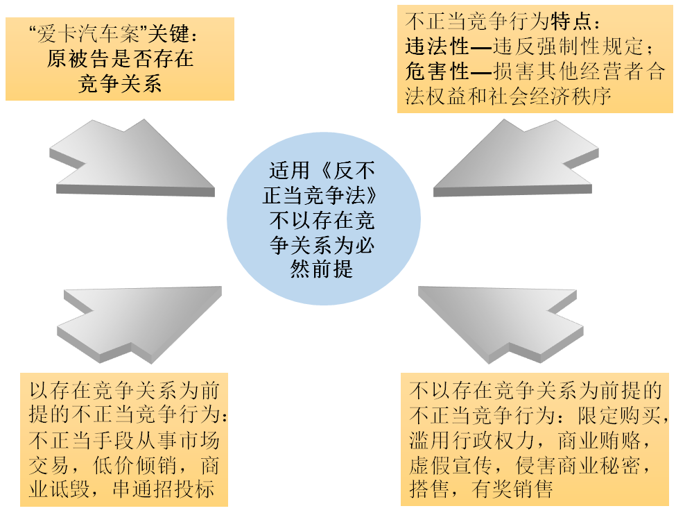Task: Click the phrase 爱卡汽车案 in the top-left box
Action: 88,34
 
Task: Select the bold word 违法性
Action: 437,47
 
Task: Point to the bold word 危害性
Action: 437,72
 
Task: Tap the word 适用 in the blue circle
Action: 290,170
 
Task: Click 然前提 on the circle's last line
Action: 322,269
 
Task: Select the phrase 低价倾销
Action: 135,466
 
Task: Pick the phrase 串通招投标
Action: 164,489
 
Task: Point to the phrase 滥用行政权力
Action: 471,440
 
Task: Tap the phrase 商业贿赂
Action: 599,440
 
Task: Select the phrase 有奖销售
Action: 512,489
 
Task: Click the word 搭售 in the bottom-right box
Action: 430,489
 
